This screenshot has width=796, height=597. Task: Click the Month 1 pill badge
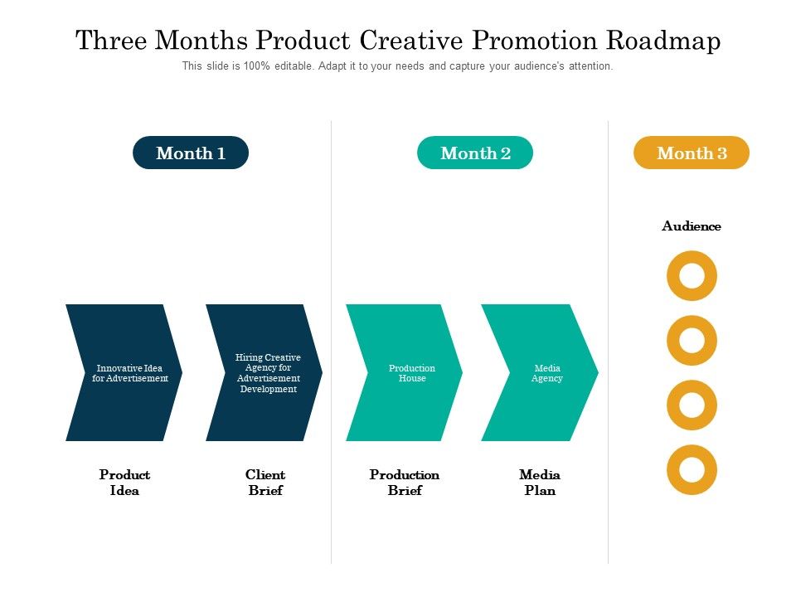coord(191,153)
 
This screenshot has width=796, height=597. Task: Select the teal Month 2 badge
coord(475,153)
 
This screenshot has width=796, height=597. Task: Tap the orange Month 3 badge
coord(692,153)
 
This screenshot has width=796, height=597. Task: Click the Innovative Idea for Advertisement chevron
coord(124,372)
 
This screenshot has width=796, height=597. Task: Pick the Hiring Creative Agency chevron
coord(265,372)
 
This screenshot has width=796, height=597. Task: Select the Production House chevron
coord(405,372)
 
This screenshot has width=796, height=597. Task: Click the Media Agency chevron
coord(541,372)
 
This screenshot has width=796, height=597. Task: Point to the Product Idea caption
coord(124,483)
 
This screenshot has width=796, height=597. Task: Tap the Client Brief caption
coord(265,483)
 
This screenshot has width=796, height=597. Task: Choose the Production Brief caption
coord(405,483)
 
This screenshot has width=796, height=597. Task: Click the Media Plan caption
coord(540,483)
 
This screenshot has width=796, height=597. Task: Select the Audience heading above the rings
coord(692,226)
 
